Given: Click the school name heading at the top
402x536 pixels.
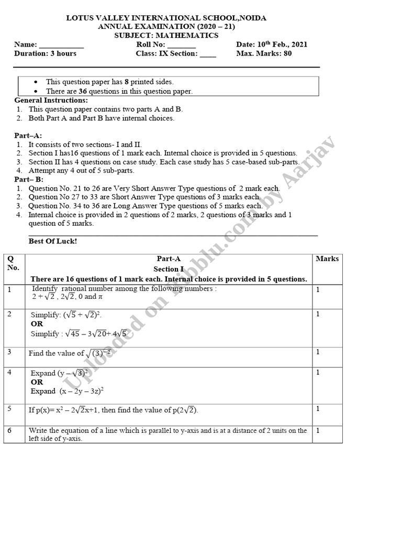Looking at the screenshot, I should (166, 18).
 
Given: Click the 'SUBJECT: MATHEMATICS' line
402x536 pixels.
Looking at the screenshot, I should (166, 36).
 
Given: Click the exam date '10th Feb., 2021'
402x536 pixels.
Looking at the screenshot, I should (283, 44).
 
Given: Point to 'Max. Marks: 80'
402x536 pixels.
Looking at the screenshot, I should (264, 53).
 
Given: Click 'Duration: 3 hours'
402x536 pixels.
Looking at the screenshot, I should (45, 53).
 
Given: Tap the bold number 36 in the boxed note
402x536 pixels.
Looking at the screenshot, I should (82, 91).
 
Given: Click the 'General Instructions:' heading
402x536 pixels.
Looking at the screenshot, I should (51, 100).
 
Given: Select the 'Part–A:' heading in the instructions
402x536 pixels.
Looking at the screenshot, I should (28, 136).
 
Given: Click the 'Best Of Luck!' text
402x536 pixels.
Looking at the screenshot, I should (52, 241).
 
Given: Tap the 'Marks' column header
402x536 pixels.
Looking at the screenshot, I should (327, 259).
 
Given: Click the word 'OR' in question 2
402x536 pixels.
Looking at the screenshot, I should (37, 324).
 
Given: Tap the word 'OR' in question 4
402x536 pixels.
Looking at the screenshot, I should (37, 382).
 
